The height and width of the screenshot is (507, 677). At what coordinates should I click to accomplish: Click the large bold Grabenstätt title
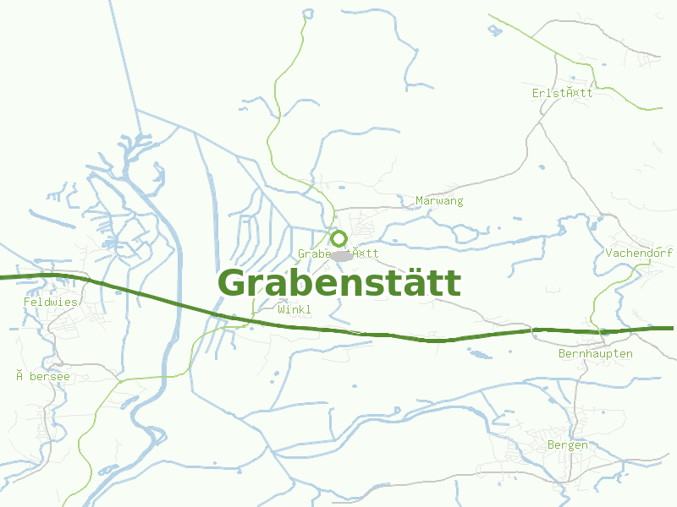tap(339, 283)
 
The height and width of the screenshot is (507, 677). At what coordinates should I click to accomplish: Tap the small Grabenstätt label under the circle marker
tap(338, 253)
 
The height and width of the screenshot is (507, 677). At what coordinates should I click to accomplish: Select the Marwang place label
tap(439, 201)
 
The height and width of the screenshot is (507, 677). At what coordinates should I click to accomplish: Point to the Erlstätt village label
tap(563, 93)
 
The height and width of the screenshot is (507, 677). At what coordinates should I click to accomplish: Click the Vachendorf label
tap(639, 253)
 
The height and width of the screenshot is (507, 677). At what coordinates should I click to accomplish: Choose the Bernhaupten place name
tap(595, 354)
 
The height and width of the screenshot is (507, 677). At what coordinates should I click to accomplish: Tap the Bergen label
tap(567, 445)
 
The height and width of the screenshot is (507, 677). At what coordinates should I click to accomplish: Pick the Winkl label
tap(294, 310)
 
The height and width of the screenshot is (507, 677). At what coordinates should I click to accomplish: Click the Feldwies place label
tap(50, 302)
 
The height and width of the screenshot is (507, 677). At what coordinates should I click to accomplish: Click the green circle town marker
tap(338, 238)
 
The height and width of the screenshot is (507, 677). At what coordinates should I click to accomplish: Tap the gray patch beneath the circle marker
tap(342, 255)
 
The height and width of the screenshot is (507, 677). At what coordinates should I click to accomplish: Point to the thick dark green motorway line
tap(169, 299)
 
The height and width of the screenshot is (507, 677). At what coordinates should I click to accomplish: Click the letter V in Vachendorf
tap(609, 253)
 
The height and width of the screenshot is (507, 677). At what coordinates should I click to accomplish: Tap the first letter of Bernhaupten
tap(562, 354)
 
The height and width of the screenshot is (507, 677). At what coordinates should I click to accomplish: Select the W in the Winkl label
tap(281, 310)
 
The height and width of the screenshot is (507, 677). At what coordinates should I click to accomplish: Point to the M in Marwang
tap(419, 201)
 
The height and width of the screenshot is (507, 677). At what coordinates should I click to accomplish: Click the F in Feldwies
tap(27, 302)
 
